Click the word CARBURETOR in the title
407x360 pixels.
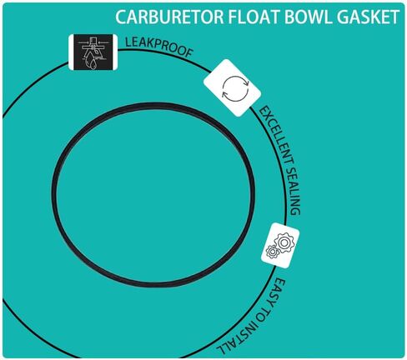(x=169, y=17)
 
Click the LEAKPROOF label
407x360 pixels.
(x=158, y=47)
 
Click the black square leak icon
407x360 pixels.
(x=93, y=52)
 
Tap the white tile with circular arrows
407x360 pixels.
(x=232, y=87)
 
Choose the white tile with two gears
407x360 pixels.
(x=280, y=245)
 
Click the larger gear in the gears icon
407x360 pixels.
(x=284, y=242)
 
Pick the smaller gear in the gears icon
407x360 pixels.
(x=272, y=252)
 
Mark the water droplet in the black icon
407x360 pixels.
(x=92, y=63)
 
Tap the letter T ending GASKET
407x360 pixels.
(x=394, y=17)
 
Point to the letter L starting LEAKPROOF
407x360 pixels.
(x=128, y=42)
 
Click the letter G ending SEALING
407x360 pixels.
(x=295, y=211)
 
